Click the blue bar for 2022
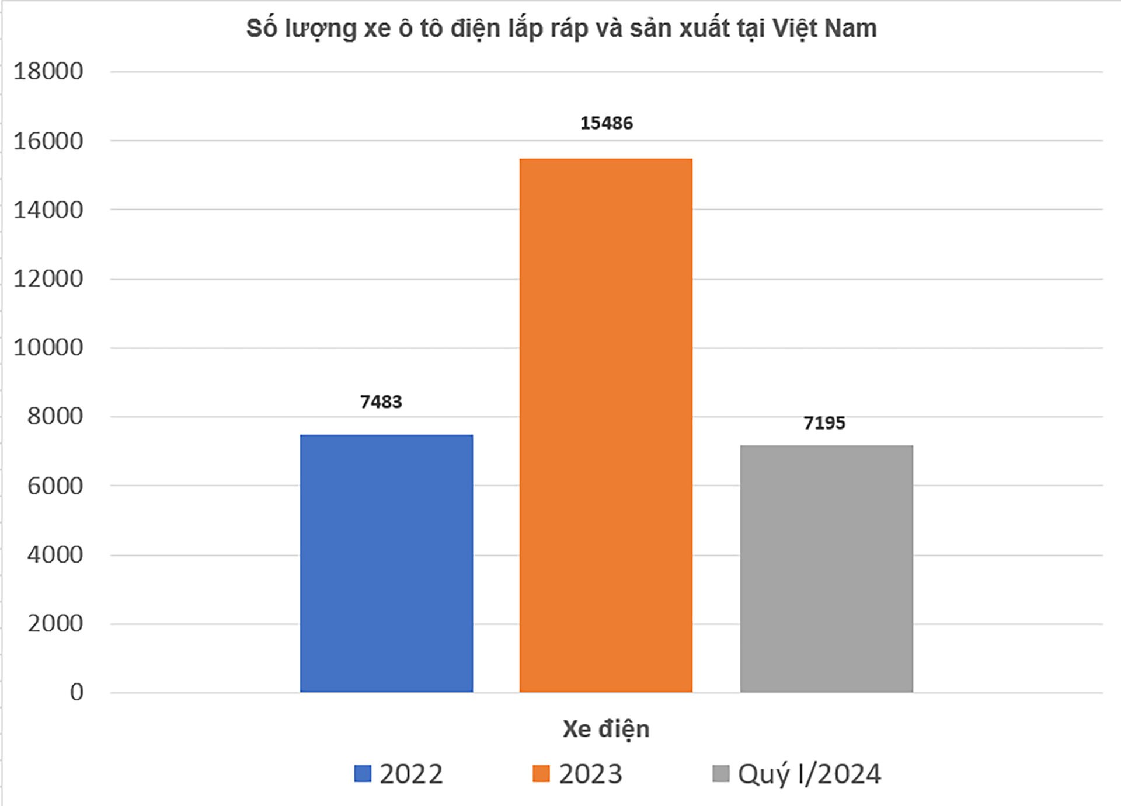[386, 563]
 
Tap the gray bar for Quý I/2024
[826, 568]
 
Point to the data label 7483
[381, 402]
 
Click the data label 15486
[606, 123]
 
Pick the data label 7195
[824, 423]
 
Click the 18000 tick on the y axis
[48, 72]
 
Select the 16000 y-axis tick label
[48, 141]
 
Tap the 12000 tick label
[48, 279]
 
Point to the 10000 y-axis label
[48, 348]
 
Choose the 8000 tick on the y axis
[55, 417]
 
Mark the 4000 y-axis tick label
[55, 555]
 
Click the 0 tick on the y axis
[76, 693]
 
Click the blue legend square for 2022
[363, 774]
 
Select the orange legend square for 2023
[541, 774]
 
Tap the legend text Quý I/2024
[809, 774]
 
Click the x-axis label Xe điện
[605, 729]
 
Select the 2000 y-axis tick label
[55, 624]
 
